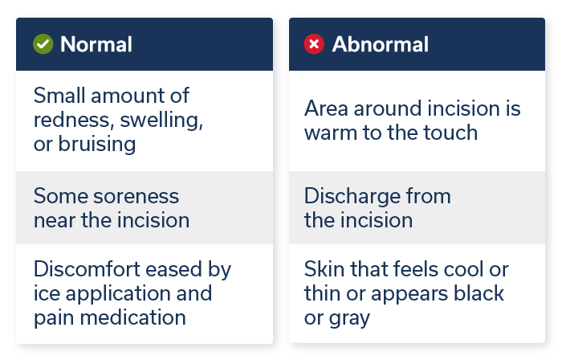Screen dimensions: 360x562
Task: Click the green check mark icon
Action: tap(43, 44)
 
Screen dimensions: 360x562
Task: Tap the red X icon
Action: tap(314, 44)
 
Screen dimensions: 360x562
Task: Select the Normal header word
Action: tap(96, 44)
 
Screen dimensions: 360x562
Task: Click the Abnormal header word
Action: tap(380, 44)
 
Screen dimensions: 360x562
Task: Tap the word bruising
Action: tap(96, 144)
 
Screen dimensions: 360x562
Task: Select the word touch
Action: tap(450, 133)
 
